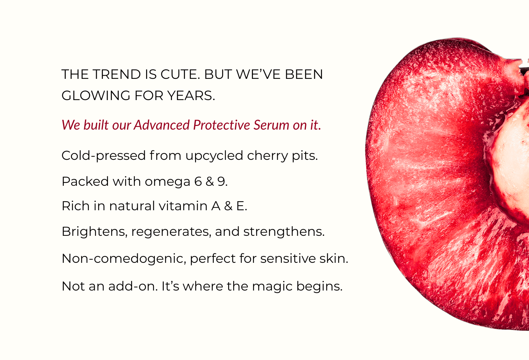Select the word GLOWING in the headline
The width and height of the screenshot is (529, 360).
tap(96, 96)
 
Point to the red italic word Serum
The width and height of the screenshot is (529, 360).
tap(271, 125)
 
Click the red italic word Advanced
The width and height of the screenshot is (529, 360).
tap(162, 125)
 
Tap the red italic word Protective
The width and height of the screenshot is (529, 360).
tap(222, 125)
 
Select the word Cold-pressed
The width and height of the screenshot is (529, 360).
tap(104, 156)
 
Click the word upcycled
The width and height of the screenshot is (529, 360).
tap(214, 156)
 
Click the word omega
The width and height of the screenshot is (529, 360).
tap(167, 182)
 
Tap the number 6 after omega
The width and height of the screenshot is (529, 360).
tap(198, 181)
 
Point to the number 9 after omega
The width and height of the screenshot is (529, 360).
tap(221, 181)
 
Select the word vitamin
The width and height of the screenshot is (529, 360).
tap(183, 206)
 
